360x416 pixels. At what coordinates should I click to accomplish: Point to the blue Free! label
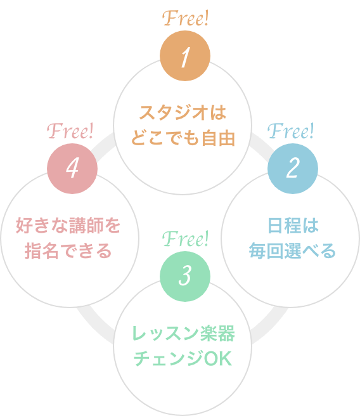click(x=291, y=131)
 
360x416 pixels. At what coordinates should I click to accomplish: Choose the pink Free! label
click(x=71, y=131)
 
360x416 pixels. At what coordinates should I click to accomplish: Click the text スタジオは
click(x=183, y=114)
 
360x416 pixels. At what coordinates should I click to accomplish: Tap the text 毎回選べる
click(x=292, y=250)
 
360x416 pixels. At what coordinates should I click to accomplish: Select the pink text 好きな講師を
click(x=68, y=225)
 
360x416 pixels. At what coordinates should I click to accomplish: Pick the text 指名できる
click(x=68, y=250)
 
